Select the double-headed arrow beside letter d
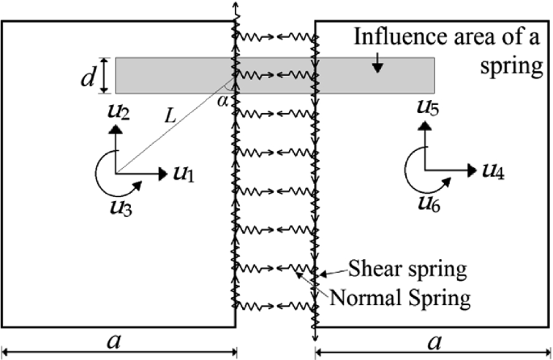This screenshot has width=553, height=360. point(104,75)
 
